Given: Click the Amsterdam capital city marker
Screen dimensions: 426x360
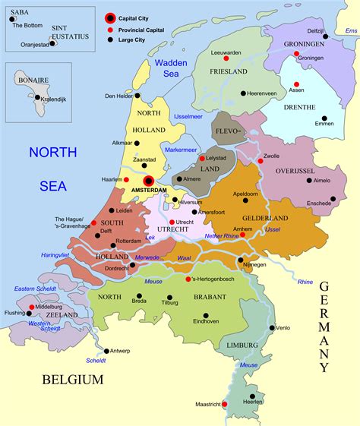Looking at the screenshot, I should [x=149, y=180].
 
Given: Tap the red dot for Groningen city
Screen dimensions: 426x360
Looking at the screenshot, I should [x=297, y=54].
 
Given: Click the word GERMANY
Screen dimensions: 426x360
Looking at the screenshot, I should [x=324, y=327].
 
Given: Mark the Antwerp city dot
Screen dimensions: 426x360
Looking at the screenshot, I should [x=105, y=351].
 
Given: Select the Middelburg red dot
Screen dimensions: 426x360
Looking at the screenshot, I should [x=31, y=308].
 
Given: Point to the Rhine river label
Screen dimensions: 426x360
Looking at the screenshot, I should [x=305, y=282].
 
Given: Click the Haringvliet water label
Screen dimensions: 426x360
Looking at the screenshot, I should [x=55, y=255].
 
